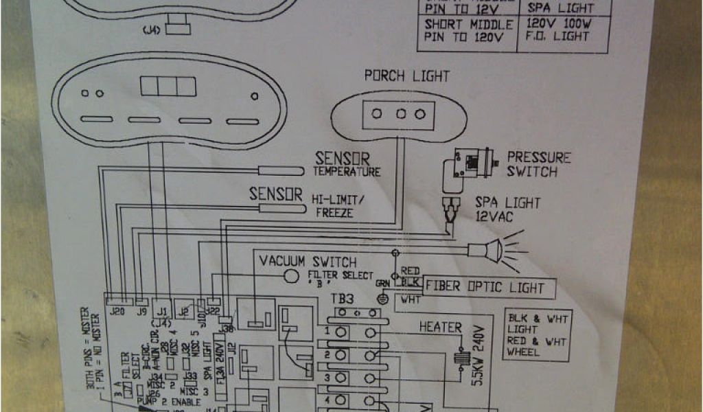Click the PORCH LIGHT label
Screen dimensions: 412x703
pos(406,76)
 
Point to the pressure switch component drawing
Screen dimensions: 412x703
pos(471,164)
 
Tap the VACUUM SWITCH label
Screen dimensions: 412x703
pos(307,262)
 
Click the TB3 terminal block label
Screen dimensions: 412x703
pos(344,299)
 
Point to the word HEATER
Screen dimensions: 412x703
pos(440,328)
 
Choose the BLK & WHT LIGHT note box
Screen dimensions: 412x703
pos(538,335)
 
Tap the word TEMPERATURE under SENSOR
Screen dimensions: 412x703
pos(347,172)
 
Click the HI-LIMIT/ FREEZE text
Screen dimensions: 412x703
pos(338,205)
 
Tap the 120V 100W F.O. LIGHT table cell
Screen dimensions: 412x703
pos(557,29)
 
